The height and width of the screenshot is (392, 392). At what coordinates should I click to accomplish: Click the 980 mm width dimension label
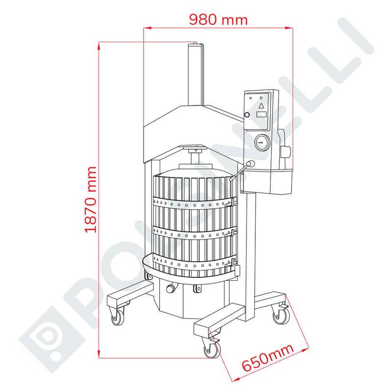coord(218,20)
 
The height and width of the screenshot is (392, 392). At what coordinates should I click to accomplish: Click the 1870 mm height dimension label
coord(91,200)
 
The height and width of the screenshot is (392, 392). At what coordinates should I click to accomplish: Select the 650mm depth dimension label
coord(268,358)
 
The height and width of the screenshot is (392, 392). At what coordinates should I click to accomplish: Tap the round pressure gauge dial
coord(262,143)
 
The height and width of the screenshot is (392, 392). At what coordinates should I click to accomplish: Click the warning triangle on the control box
coord(261,105)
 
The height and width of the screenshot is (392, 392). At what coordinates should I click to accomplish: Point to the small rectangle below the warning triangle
coord(261,115)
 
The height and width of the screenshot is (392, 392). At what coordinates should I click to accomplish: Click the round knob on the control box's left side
coord(247,115)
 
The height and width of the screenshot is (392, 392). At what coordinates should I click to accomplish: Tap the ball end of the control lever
coord(251,164)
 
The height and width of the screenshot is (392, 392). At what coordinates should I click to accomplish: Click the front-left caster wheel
coord(118,318)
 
